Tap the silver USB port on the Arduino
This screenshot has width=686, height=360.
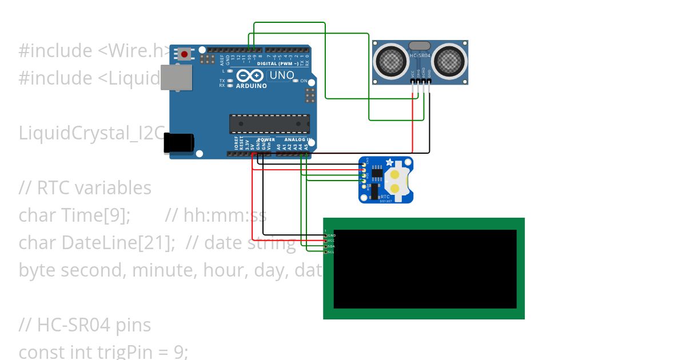click(176, 77)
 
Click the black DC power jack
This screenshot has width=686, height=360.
click(178, 143)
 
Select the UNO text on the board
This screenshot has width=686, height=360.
click(282, 75)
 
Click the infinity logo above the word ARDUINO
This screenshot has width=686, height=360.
click(249, 76)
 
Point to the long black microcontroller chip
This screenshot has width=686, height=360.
click(269, 124)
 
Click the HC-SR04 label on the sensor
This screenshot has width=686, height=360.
click(420, 56)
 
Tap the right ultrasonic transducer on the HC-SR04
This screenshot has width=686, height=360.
click(450, 59)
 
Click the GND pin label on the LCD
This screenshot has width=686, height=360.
click(332, 235)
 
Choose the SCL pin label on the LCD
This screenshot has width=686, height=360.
click(331, 252)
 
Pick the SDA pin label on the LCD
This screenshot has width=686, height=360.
click(331, 246)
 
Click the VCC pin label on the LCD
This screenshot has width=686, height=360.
click(331, 241)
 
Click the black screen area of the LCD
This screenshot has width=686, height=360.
click(425, 269)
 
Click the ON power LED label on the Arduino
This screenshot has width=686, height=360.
click(304, 81)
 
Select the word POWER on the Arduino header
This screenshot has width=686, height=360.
click(266, 139)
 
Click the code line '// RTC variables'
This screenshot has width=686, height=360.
click(85, 188)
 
